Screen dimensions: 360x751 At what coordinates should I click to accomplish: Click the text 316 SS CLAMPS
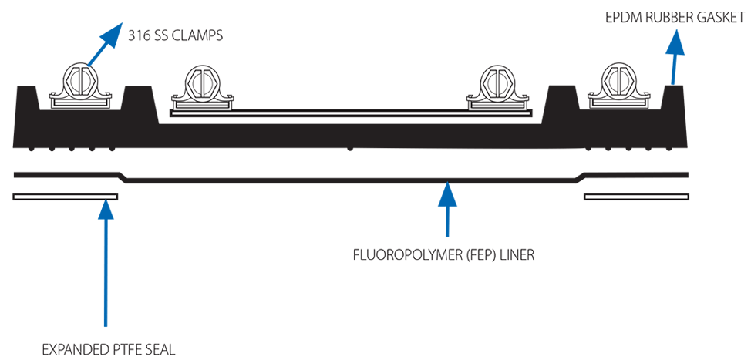(175, 35)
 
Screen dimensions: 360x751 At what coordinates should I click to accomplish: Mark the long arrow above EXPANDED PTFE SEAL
(106, 262)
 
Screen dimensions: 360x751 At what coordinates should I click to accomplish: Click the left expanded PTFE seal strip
(66, 197)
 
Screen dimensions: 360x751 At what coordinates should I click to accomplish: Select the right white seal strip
(636, 197)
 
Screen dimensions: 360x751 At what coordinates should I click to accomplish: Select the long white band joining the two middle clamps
(351, 112)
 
